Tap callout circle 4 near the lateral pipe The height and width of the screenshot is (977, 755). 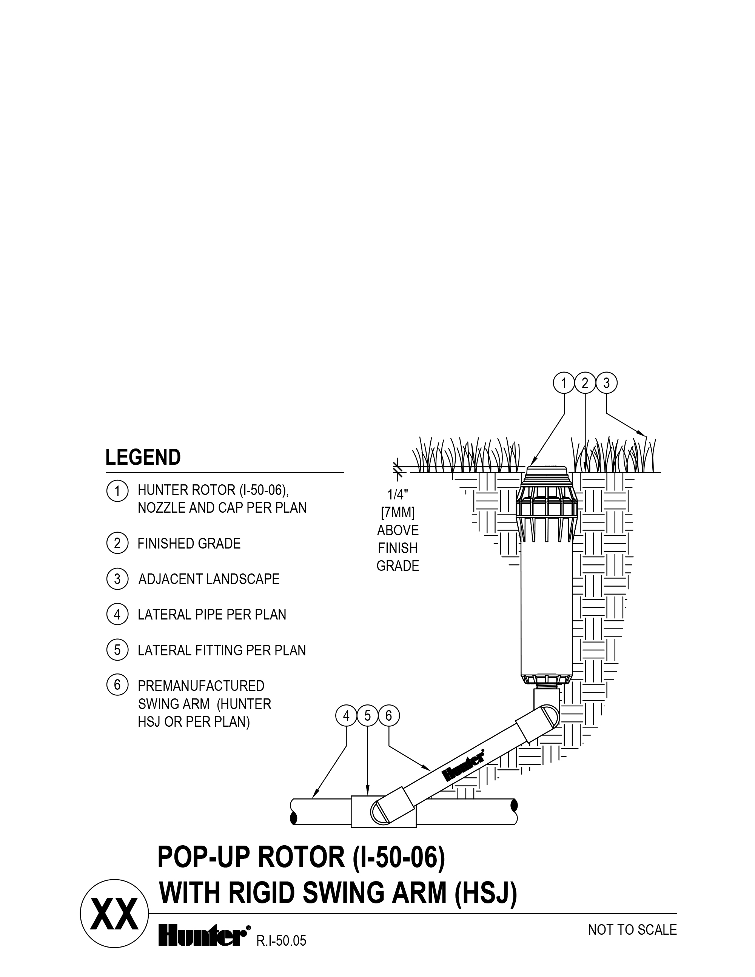(x=346, y=716)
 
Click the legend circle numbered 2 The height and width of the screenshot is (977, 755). (x=117, y=544)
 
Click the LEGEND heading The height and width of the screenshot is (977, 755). (x=143, y=458)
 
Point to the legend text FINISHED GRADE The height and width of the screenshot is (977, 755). (x=189, y=544)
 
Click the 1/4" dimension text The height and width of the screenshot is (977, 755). (x=398, y=495)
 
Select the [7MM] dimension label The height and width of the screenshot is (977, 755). (x=398, y=513)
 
